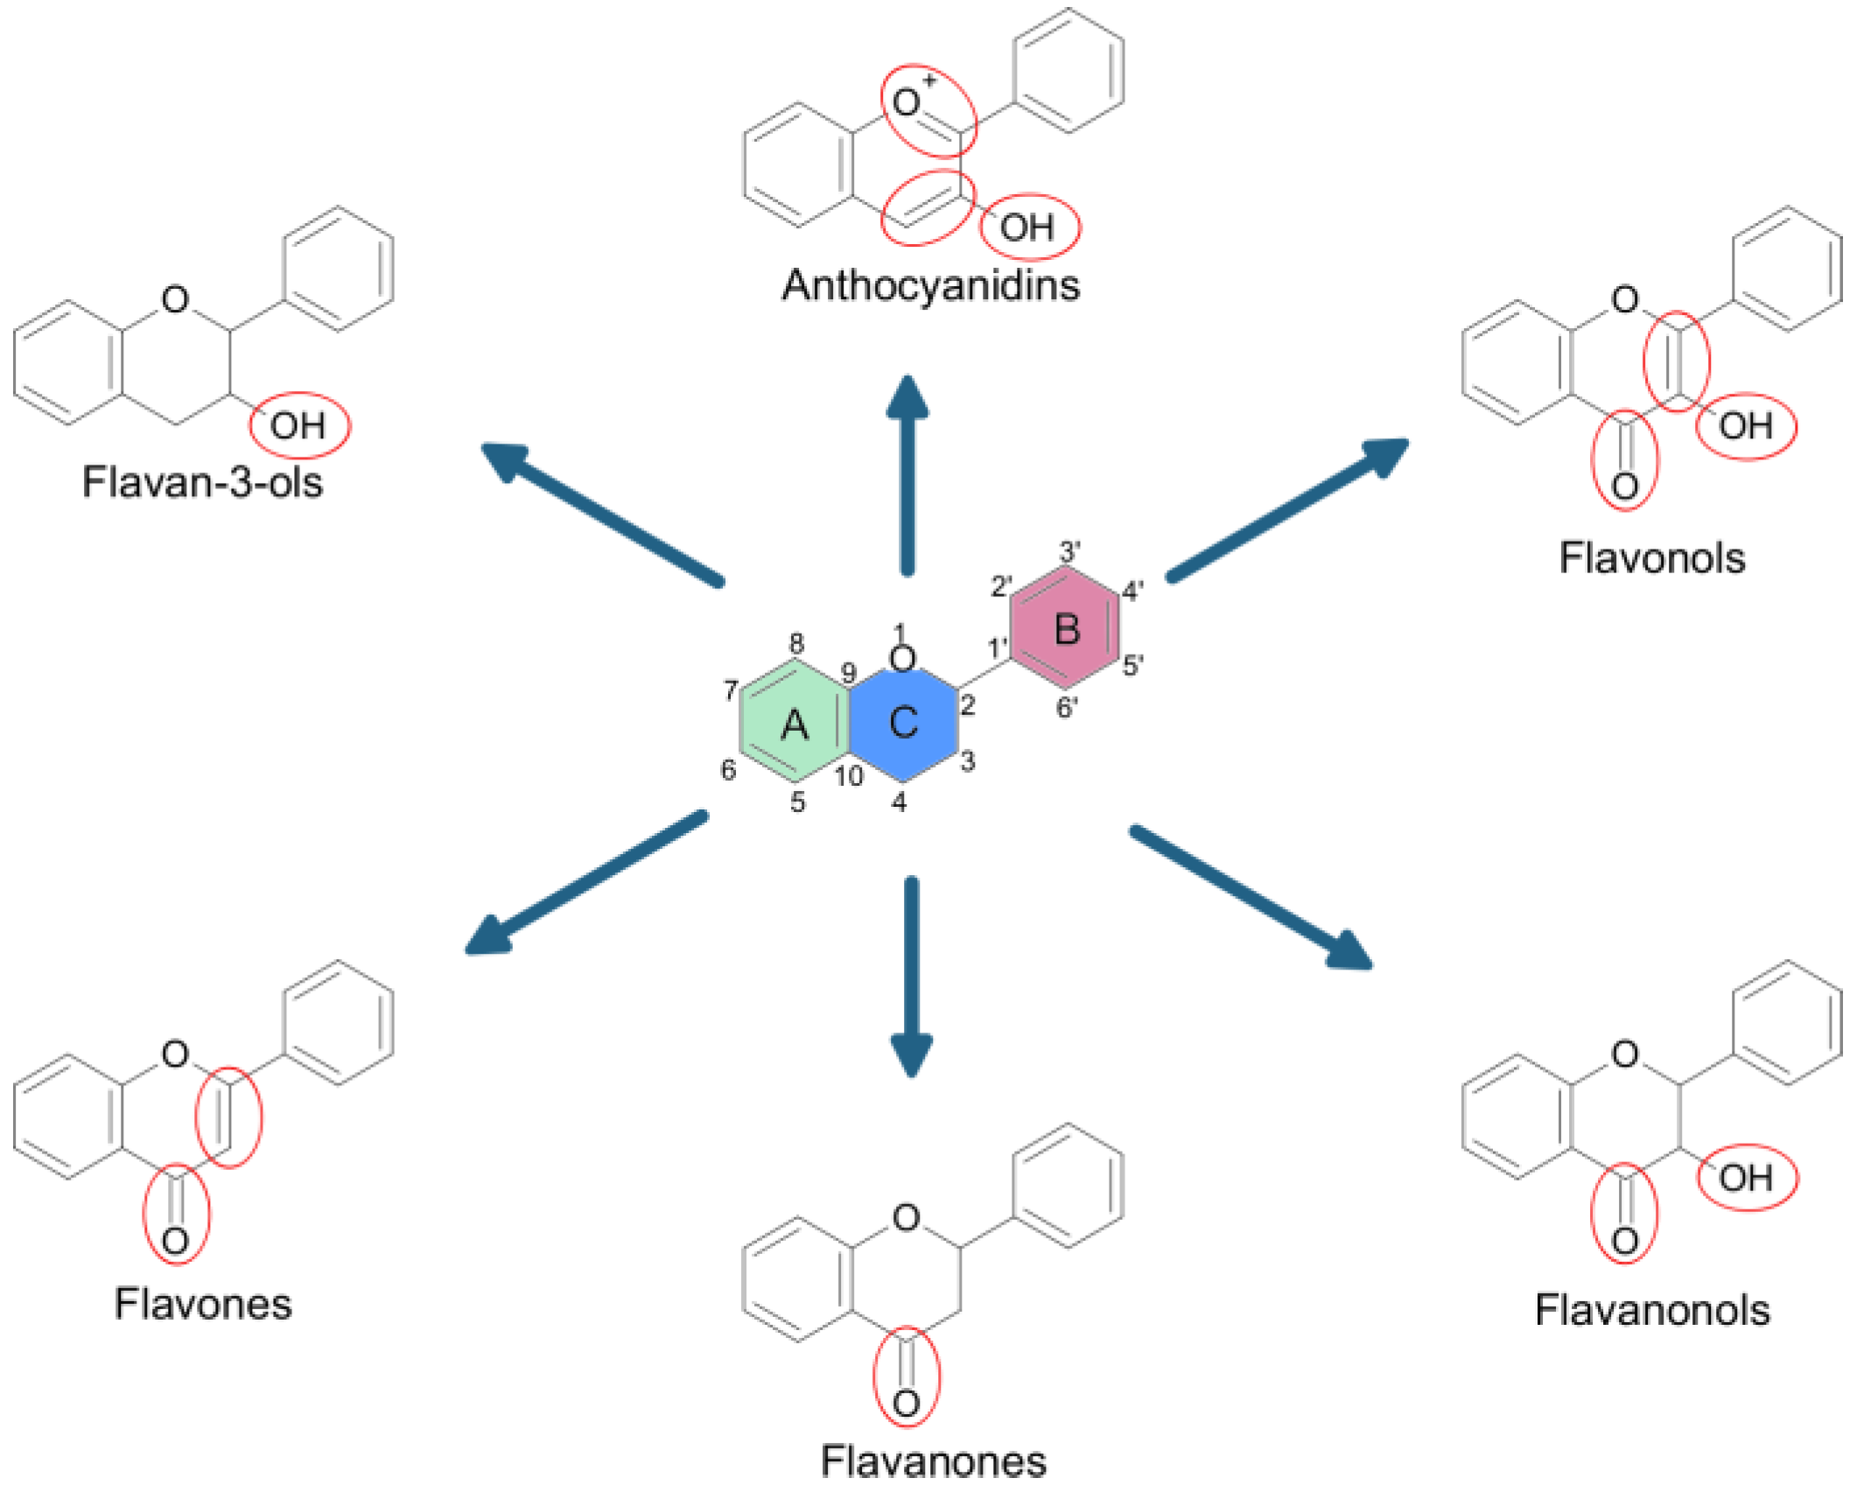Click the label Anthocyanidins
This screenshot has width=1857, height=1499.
pyautogui.click(x=930, y=285)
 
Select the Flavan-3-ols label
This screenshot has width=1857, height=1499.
pyautogui.click(x=202, y=481)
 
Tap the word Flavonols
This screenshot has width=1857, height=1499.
pyautogui.click(x=1651, y=557)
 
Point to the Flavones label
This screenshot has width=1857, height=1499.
pyautogui.click(x=202, y=1304)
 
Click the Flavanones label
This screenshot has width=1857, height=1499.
pyautogui.click(x=933, y=1460)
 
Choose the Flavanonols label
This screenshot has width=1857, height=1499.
pyautogui.click(x=1651, y=1310)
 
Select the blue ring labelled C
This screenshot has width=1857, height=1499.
pyautogui.click(x=902, y=723)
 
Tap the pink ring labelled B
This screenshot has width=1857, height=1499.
pyautogui.click(x=1066, y=629)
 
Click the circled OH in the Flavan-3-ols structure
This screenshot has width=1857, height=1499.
pyautogui.click(x=298, y=425)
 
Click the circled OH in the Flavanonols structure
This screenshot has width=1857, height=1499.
pyautogui.click(x=1746, y=1177)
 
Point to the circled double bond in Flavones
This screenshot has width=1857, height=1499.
pyautogui.click(x=228, y=1117)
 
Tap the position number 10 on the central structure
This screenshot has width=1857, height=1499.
pyautogui.click(x=847, y=775)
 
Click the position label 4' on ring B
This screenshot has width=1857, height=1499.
pyautogui.click(x=1132, y=591)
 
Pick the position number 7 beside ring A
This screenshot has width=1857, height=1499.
pyautogui.click(x=731, y=690)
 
